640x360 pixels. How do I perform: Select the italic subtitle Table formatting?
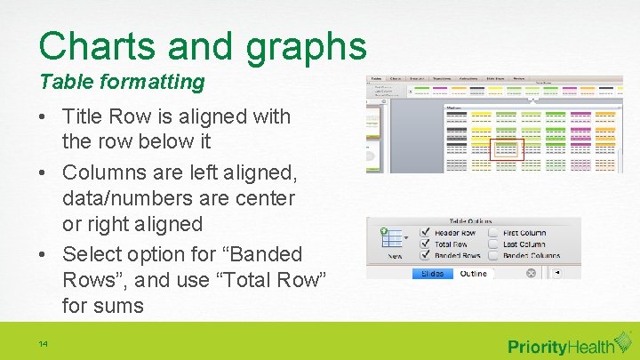pyautogui.click(x=122, y=82)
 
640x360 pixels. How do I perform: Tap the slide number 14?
pyautogui.click(x=44, y=344)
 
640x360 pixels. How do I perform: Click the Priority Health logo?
pyautogui.click(x=559, y=346)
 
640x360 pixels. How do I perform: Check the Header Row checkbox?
pyautogui.click(x=426, y=233)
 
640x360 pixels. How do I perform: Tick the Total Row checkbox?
pyautogui.click(x=426, y=244)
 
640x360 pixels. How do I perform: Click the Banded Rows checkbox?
pyautogui.click(x=426, y=256)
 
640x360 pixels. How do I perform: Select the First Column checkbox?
pyautogui.click(x=493, y=233)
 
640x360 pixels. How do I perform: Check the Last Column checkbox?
pyautogui.click(x=493, y=244)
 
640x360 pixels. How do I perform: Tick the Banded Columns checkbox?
pyautogui.click(x=493, y=256)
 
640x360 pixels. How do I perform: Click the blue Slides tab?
pyautogui.click(x=434, y=274)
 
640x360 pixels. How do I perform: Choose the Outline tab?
pyautogui.click(x=473, y=274)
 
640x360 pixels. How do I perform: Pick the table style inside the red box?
pyautogui.click(x=507, y=150)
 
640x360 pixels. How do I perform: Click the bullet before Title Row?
pyautogui.click(x=44, y=117)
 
